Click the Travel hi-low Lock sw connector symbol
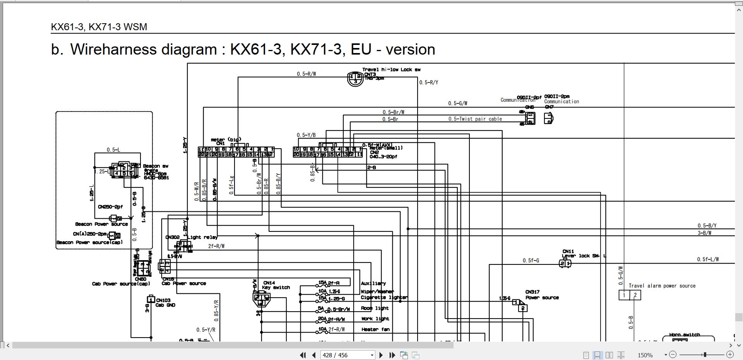click(x=355, y=79)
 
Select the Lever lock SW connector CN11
click(x=565, y=264)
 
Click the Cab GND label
click(x=165, y=305)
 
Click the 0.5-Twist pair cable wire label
click(x=475, y=119)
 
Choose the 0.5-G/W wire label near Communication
click(x=457, y=103)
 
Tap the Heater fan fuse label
click(x=375, y=329)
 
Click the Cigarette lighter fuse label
click(x=384, y=297)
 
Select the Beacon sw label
click(x=156, y=166)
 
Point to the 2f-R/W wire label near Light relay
click(x=216, y=246)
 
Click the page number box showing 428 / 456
click(x=348, y=355)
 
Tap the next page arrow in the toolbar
click(x=381, y=355)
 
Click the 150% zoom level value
click(x=645, y=355)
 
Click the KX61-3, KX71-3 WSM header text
click(x=99, y=27)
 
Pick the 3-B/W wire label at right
click(x=704, y=233)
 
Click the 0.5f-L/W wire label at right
click(x=708, y=259)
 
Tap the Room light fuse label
click(x=375, y=308)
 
